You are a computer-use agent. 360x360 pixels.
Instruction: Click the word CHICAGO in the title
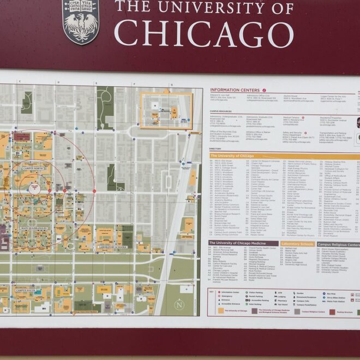pyautogui.click(x=203, y=33)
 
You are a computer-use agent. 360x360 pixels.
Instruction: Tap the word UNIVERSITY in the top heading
pyautogui.click(x=224, y=8)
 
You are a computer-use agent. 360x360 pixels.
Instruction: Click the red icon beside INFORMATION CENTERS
pyautogui.click(x=264, y=89)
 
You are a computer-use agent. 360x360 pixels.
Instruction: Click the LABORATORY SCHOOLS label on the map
pyautogui.click(x=113, y=247)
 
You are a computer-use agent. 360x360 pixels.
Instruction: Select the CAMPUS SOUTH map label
pyautogui.click(x=26, y=290)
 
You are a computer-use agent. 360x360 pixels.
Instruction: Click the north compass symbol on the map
pyautogui.click(x=179, y=305)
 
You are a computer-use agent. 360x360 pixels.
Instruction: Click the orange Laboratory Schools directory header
pyautogui.click(x=297, y=244)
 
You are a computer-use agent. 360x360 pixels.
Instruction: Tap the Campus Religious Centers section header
pyautogui.click(x=338, y=244)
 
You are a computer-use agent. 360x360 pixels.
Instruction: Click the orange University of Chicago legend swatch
pyautogui.click(x=221, y=311)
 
